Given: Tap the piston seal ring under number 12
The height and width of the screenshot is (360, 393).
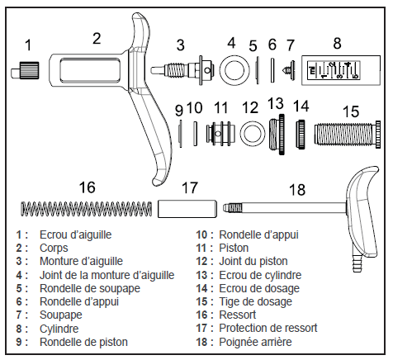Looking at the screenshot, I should (x=250, y=131).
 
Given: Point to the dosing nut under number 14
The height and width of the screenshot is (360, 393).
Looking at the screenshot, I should (x=301, y=131).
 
